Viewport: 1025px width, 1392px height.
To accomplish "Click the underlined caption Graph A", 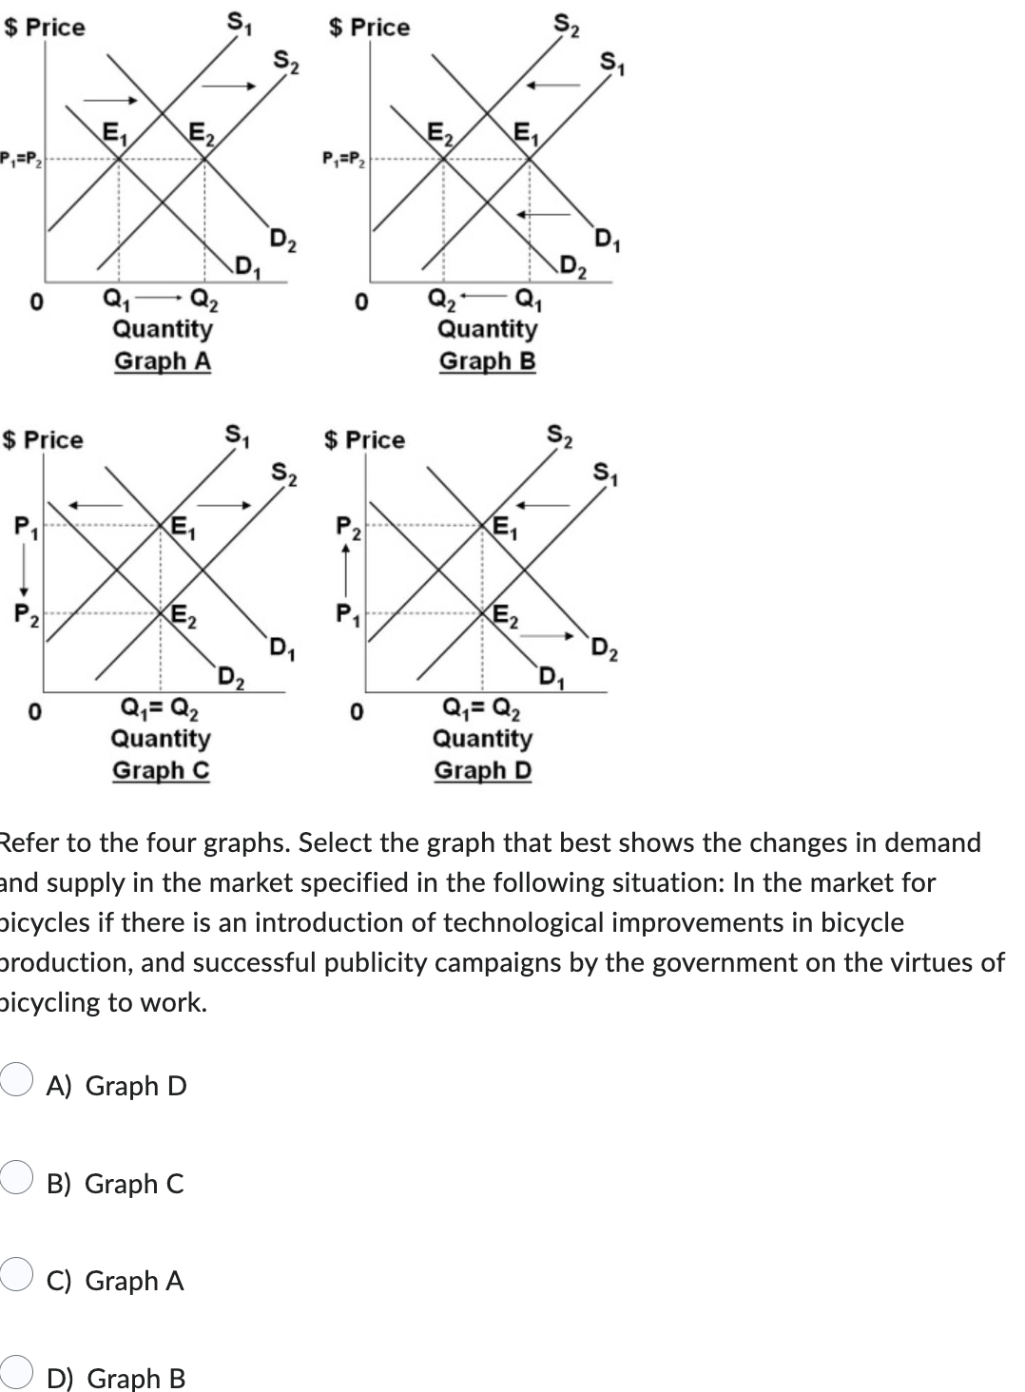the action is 163,361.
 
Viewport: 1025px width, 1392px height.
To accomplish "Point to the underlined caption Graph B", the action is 487,361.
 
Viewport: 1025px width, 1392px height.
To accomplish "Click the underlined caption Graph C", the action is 161,770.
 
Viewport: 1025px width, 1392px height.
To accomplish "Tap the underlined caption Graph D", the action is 483,770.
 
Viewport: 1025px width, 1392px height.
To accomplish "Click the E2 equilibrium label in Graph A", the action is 201,133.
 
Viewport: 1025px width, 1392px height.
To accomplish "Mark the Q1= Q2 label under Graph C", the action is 161,707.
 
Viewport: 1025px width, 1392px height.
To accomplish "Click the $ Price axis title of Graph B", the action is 369,28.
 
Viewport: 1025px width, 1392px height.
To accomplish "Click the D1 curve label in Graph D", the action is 550,677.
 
